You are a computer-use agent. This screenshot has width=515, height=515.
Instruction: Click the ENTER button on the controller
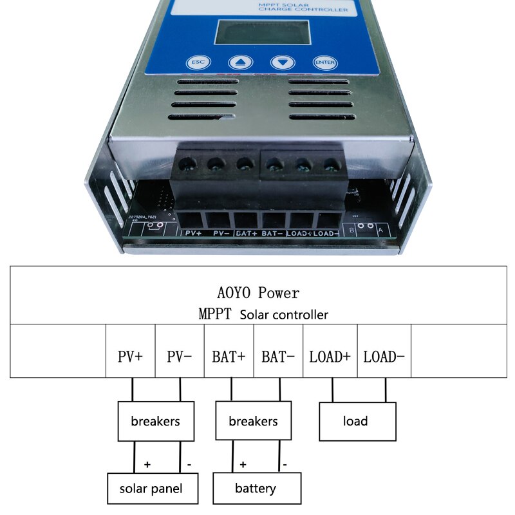tap(324, 62)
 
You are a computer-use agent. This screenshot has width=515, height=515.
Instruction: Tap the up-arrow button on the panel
tap(240, 63)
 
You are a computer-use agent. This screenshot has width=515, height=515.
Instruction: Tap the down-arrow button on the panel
tap(282, 62)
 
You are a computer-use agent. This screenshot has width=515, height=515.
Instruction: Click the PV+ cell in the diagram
tap(131, 356)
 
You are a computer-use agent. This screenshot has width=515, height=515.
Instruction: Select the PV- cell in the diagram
tap(180, 356)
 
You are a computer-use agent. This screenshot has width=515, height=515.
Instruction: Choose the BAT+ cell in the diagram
tap(229, 356)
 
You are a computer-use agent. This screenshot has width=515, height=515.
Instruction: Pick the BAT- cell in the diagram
tap(278, 356)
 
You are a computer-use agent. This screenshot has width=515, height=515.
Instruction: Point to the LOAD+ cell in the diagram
tap(330, 356)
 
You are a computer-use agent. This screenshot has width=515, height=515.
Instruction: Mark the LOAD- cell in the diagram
tap(384, 356)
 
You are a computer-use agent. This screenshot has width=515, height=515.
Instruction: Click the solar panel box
tap(151, 489)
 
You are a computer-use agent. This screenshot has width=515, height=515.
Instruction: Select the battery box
tap(257, 489)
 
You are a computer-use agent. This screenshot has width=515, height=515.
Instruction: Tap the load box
tap(357, 422)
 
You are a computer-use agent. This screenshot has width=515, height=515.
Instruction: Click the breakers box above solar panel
tap(155, 422)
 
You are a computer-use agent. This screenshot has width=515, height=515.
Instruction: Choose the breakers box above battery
tap(253, 422)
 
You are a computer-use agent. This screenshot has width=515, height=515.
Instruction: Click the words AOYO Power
tap(258, 294)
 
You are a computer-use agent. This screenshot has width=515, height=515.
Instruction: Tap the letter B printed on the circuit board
tap(351, 229)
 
